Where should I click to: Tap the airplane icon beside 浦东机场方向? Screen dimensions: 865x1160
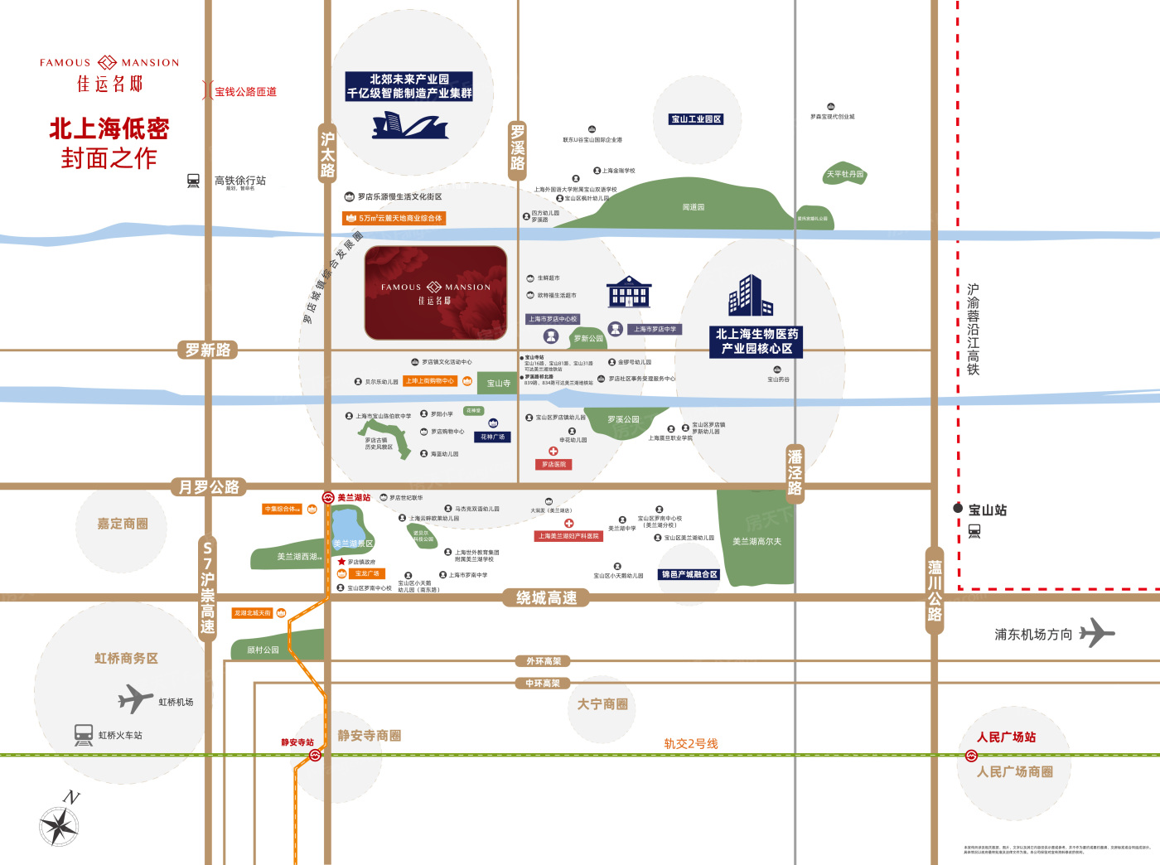1097,633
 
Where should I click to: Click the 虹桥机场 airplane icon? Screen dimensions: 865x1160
135,698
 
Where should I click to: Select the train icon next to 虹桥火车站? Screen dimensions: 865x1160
84,735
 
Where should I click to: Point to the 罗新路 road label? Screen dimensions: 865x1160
208,350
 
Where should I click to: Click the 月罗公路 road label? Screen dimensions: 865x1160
209,487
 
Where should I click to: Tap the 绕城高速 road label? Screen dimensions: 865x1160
546,598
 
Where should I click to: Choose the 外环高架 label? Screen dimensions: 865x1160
544,661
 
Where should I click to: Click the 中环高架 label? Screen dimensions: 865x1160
543,684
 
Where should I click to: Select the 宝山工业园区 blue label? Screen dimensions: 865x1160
696,119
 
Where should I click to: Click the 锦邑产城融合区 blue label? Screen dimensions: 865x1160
689,574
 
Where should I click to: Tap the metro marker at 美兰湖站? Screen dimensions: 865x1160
328,498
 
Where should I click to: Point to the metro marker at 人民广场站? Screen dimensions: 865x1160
971,756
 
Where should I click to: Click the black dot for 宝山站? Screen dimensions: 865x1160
958,508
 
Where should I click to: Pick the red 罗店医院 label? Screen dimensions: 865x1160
553,465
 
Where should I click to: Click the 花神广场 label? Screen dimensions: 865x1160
492,437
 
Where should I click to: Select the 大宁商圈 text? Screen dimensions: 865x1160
602,704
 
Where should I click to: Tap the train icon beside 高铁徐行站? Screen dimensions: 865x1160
193,181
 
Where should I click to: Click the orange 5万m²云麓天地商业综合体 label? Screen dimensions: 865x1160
394,218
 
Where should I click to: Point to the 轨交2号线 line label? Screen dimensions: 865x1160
691,744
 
